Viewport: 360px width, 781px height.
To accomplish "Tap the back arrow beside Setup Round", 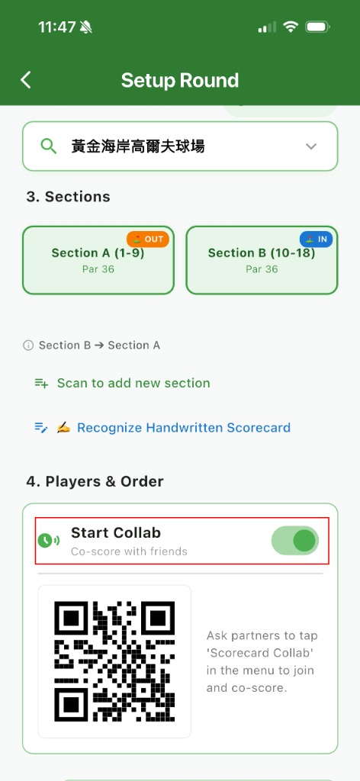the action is coord(26,79).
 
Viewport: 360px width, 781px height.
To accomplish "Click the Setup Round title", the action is coord(180,80).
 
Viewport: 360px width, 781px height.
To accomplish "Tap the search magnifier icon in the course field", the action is coord(48,146).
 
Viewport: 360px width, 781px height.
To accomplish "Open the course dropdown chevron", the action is coord(311,146).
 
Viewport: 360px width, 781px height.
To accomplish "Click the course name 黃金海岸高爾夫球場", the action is coord(138,146).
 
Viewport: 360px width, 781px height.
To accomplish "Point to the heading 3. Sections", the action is coord(68,197).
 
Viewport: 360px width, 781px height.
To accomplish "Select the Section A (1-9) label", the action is coord(98,253).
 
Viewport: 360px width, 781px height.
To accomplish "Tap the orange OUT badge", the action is coord(148,239).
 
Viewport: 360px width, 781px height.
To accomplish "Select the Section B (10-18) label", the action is coord(262,253).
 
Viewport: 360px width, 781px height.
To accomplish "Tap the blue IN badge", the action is coord(316,239).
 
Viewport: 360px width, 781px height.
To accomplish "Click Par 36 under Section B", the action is coord(262,269).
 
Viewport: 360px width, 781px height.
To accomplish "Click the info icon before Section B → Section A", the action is coord(28,346).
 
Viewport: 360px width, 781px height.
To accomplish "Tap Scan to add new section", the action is coord(133,383).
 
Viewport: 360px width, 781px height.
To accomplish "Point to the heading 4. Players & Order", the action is coord(95,482).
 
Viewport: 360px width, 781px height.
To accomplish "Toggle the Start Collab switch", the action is coord(294,541).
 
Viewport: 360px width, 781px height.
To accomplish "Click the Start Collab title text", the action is coord(116,532).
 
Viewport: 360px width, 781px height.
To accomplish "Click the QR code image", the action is coord(114,661).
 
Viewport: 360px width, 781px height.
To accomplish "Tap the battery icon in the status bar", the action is coord(318,27).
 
